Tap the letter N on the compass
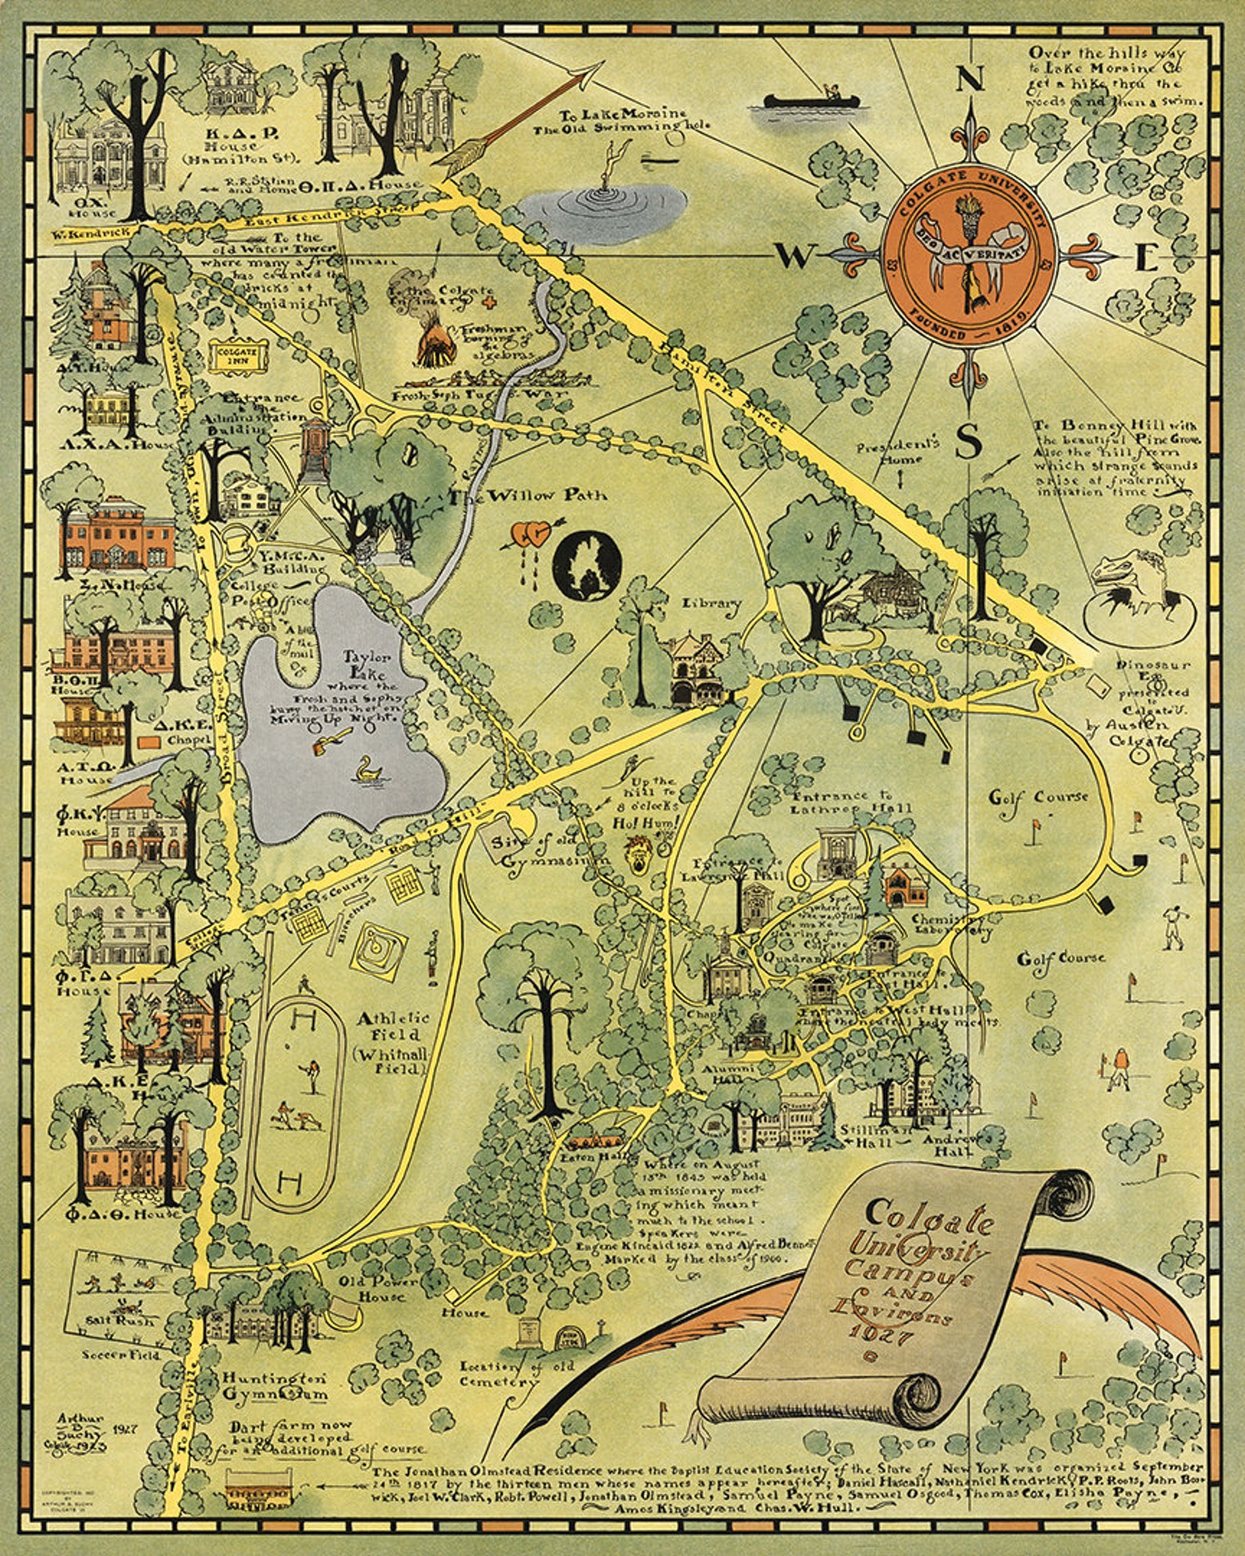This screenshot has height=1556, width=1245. point(970,78)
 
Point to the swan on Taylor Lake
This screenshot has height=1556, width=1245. point(367,771)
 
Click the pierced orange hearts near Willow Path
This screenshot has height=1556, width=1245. point(529,535)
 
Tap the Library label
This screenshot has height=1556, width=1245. point(711,603)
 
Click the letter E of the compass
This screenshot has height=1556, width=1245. point(1146,258)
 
